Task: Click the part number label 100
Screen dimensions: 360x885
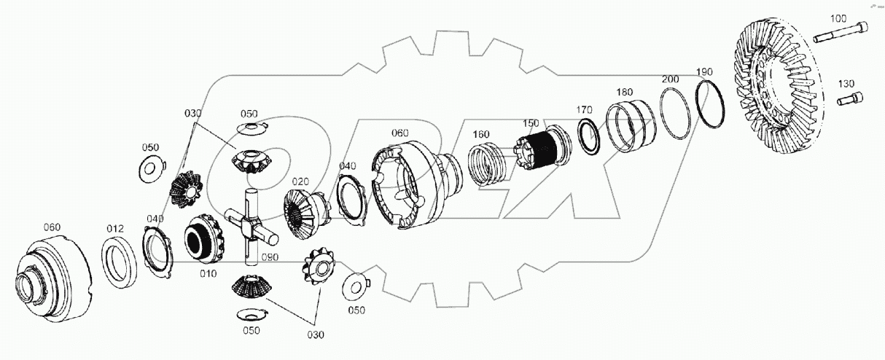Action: click(838, 17)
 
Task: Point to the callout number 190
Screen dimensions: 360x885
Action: click(704, 71)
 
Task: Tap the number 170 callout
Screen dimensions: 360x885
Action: click(584, 111)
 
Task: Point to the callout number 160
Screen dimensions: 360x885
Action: click(480, 135)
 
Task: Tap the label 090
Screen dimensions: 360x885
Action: click(270, 257)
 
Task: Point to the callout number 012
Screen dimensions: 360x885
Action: click(115, 229)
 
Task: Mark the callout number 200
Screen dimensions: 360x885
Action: click(670, 79)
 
